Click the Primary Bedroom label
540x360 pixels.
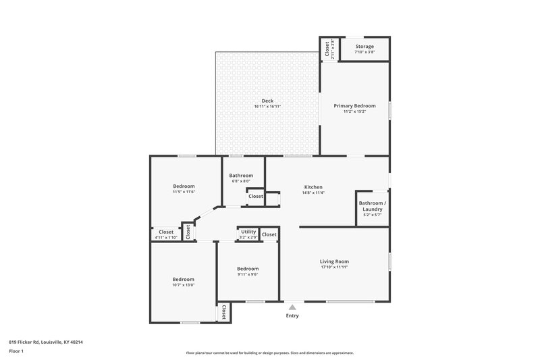[354, 105]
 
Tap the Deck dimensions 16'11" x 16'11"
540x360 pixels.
[267, 107]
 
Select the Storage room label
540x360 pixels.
[364, 47]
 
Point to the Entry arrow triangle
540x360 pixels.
[292, 307]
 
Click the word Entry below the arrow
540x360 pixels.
[292, 315]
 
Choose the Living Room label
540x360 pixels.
[334, 261]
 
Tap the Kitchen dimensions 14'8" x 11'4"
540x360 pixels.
[313, 192]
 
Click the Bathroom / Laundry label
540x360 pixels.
[372, 206]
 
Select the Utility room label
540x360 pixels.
[248, 232]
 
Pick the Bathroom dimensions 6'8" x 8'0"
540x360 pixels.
[241, 181]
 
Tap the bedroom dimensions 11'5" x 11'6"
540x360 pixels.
[184, 192]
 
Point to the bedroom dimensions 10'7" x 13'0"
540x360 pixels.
[183, 285]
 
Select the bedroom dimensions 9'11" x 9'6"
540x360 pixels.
[247, 274]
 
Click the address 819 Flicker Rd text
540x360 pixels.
[46, 342]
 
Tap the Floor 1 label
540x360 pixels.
[16, 351]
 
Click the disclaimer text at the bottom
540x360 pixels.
[269, 353]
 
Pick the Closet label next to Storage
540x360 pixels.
[327, 48]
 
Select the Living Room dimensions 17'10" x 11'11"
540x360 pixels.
[334, 267]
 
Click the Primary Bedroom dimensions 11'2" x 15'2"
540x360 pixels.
[354, 111]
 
